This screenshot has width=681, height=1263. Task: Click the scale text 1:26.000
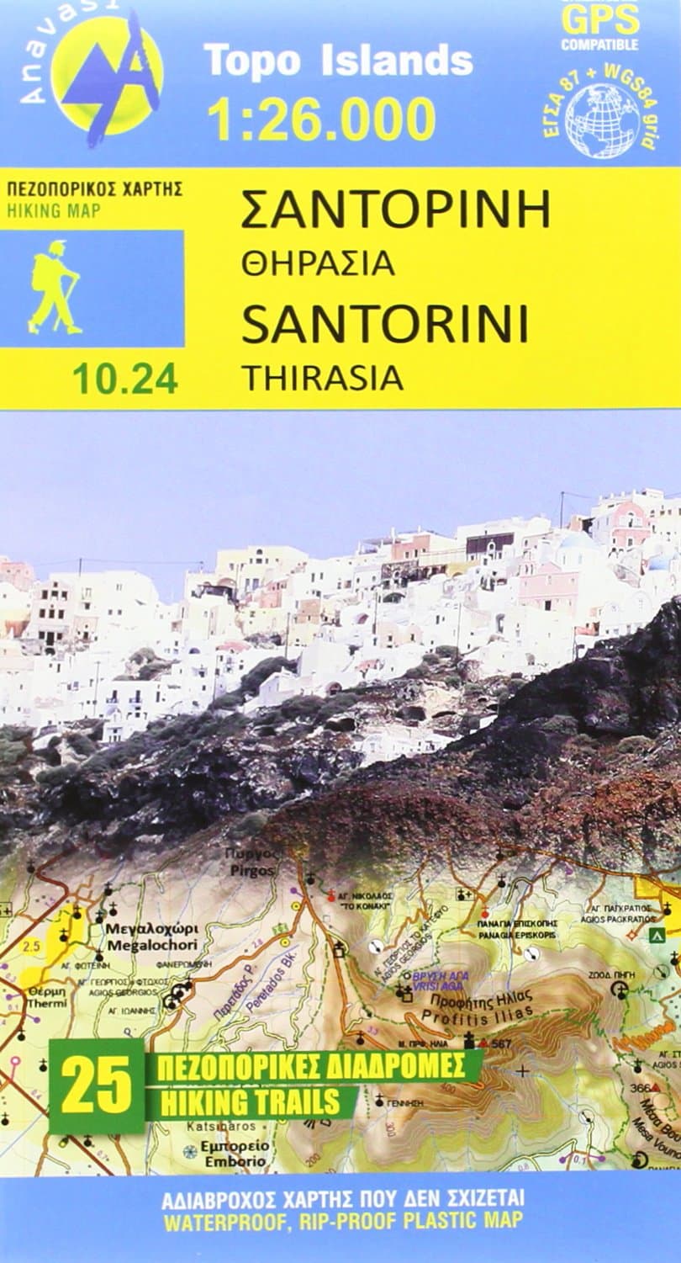click(321, 119)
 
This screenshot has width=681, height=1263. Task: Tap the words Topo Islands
click(338, 61)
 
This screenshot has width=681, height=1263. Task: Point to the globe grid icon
click(601, 119)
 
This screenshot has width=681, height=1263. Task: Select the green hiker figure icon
click(55, 287)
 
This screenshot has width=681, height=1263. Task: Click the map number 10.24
click(124, 379)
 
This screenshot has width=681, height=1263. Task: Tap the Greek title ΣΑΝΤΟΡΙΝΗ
click(395, 210)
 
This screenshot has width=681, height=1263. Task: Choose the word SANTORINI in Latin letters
click(384, 325)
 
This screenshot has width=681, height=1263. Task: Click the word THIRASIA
click(322, 379)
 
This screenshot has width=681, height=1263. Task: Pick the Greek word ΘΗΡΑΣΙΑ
click(317, 263)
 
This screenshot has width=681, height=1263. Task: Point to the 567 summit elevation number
click(502, 1043)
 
